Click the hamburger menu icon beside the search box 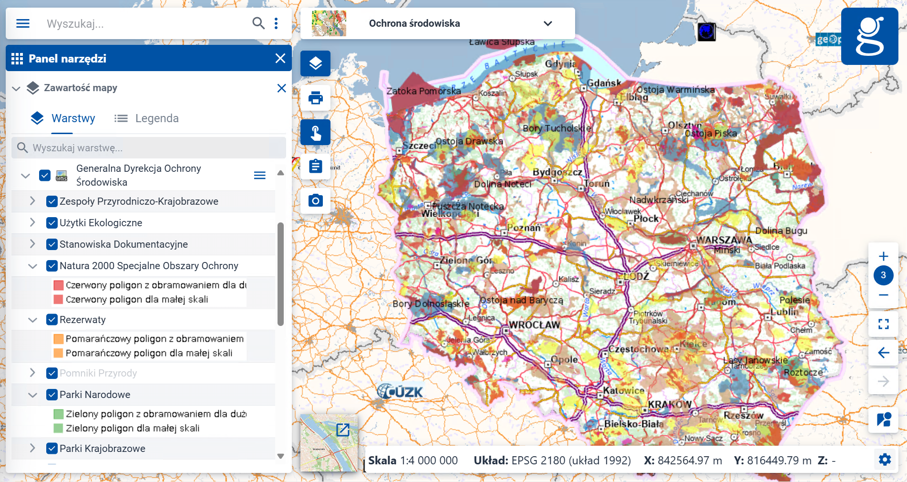23,23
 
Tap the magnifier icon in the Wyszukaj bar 258,23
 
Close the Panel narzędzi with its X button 280,58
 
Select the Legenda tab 147,118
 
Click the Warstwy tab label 73,118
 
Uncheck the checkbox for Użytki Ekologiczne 52,223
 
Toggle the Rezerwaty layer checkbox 52,320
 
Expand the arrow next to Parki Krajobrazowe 32,449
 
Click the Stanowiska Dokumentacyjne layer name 124,244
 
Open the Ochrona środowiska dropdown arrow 548,23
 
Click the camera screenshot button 315,200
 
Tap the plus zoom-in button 883,256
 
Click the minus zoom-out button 883,295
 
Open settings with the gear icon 885,460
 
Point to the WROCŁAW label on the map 535,325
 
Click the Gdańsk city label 604,83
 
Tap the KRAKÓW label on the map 670,404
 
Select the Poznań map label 524,228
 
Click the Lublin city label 785,312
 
